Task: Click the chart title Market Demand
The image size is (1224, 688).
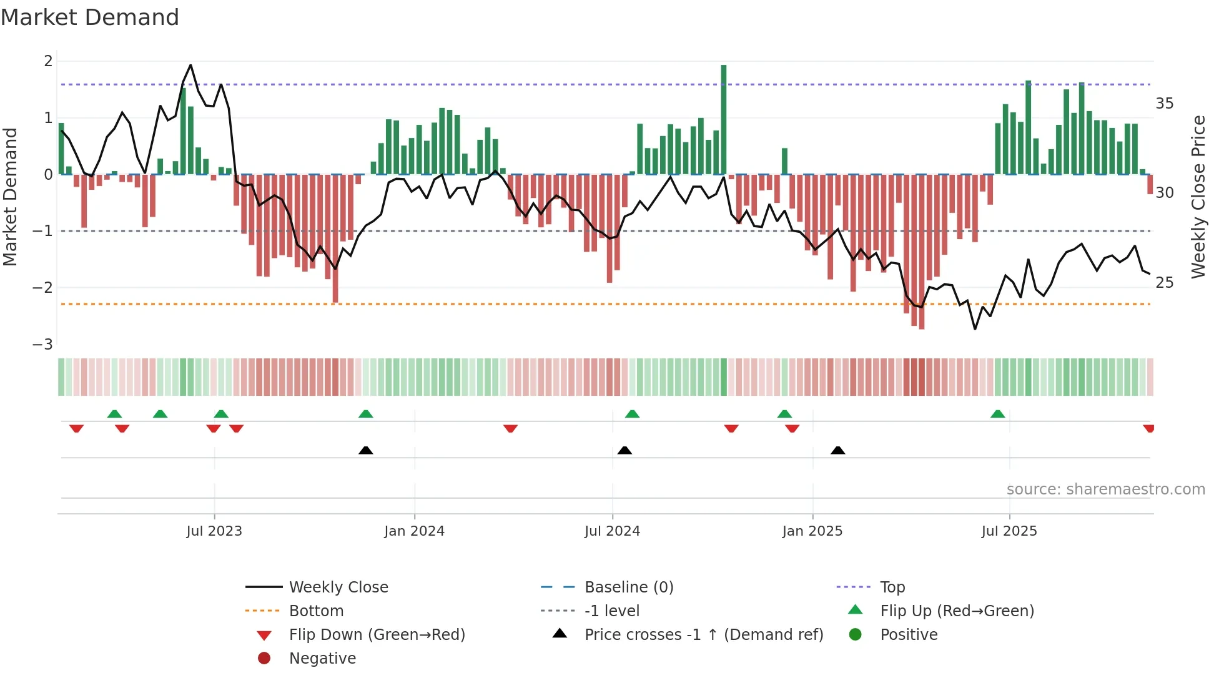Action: click(x=90, y=17)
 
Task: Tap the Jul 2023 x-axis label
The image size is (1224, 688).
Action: click(x=214, y=531)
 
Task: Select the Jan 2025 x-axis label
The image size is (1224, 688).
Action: click(x=812, y=531)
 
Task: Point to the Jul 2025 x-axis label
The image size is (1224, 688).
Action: click(x=1009, y=531)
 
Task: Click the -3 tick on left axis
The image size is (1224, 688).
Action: click(x=43, y=345)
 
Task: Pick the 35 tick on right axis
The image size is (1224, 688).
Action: click(x=1164, y=104)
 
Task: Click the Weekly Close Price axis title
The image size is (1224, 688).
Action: click(x=1198, y=197)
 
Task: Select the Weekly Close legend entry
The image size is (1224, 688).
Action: click(x=338, y=587)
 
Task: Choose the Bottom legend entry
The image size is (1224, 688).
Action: click(x=316, y=611)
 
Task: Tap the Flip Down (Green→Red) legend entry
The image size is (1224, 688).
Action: click(x=377, y=635)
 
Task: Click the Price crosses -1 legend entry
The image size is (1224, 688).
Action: click(x=703, y=635)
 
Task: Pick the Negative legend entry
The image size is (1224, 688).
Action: click(x=322, y=659)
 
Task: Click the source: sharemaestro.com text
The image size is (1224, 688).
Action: click(x=1105, y=489)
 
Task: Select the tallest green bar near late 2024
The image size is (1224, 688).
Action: click(x=724, y=119)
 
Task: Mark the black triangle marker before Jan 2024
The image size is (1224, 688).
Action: click(x=366, y=451)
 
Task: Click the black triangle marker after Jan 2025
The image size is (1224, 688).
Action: click(x=838, y=451)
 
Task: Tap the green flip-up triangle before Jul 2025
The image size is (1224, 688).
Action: click(x=998, y=415)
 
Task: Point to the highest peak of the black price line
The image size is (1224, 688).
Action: click(x=190, y=65)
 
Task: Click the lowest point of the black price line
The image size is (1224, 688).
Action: click(x=975, y=329)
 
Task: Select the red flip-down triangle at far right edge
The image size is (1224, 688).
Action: click(x=1148, y=428)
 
